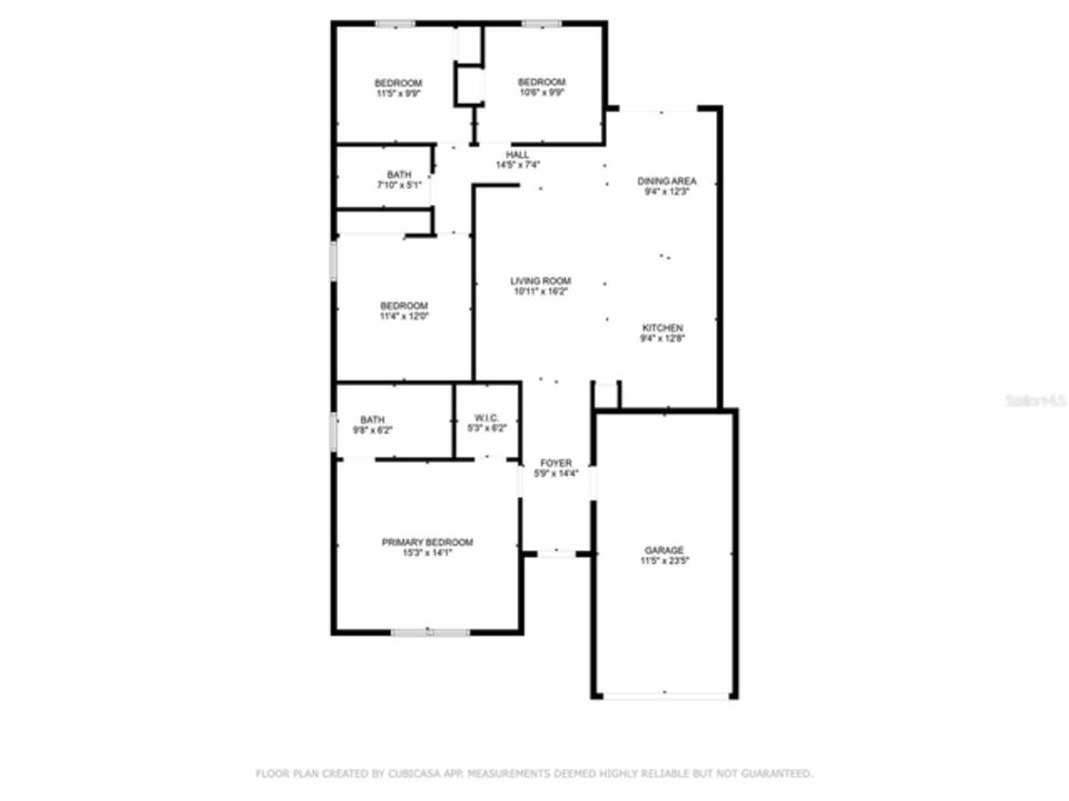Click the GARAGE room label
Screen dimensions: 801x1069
pyautogui.click(x=664, y=550)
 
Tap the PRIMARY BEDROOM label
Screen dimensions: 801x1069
pyautogui.click(x=427, y=542)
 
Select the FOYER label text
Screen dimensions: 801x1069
pyautogui.click(x=556, y=463)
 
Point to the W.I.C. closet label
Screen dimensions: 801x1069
pyautogui.click(x=487, y=417)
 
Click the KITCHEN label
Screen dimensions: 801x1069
pyautogui.click(x=662, y=328)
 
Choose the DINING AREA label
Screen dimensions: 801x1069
pyautogui.click(x=666, y=181)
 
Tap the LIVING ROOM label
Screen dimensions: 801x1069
pyautogui.click(x=540, y=281)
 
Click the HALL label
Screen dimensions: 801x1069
pyautogui.click(x=518, y=154)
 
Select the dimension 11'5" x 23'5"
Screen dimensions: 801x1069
pyautogui.click(x=664, y=561)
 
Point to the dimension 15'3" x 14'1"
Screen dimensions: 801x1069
pyautogui.click(x=427, y=552)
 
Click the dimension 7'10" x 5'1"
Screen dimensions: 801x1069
pyautogui.click(x=398, y=184)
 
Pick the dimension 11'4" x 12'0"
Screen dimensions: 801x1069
pyautogui.click(x=404, y=316)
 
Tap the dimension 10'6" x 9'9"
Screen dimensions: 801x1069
pyautogui.click(x=542, y=93)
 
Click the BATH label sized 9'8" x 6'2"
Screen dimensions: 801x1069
pyautogui.click(x=372, y=420)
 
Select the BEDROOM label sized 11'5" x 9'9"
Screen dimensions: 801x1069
pyautogui.click(x=398, y=83)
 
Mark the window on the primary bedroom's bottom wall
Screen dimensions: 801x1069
pyautogui.click(x=430, y=632)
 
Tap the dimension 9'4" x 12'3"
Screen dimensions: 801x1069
pyautogui.click(x=666, y=191)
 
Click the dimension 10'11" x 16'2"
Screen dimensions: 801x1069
pyautogui.click(x=540, y=292)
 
